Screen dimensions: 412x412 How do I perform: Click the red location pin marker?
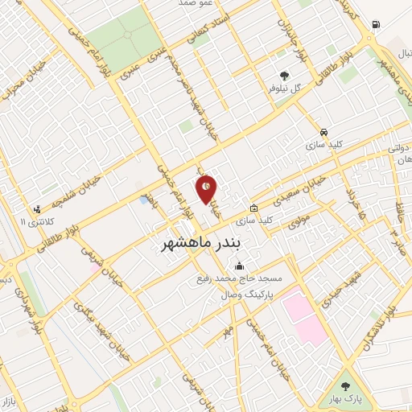206,188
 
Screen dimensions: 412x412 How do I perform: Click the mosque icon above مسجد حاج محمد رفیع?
238,266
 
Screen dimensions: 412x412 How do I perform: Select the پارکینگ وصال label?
244,295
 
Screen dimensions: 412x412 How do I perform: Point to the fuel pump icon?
376,24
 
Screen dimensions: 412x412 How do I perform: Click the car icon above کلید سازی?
323,132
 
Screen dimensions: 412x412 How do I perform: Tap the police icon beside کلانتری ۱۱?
37,209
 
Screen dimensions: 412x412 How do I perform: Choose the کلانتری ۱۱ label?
36,220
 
